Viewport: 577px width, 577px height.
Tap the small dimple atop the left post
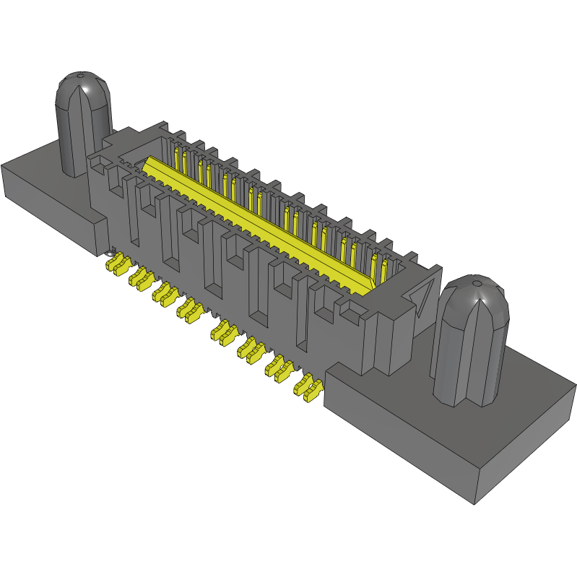(x=80, y=74)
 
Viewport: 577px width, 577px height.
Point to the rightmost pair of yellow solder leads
(x=308, y=388)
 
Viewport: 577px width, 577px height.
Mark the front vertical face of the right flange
(x=397, y=448)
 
